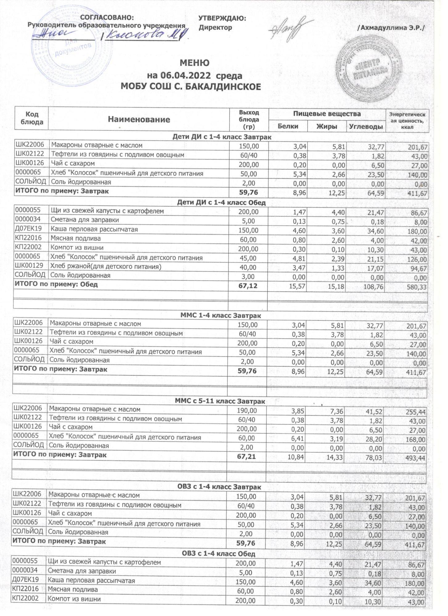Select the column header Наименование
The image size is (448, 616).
(x=139, y=120)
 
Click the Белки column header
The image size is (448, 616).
(x=288, y=126)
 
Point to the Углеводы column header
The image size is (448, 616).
(x=366, y=126)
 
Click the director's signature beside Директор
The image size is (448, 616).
(x=288, y=29)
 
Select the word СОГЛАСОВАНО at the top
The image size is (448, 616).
(x=107, y=18)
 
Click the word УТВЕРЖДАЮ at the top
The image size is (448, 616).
(x=222, y=18)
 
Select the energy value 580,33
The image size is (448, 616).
(x=417, y=287)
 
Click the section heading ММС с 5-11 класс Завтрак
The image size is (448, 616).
(x=220, y=401)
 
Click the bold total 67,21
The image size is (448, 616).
(x=246, y=457)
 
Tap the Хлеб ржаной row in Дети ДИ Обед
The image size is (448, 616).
(x=106, y=266)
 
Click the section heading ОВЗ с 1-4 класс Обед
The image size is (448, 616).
(x=219, y=554)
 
